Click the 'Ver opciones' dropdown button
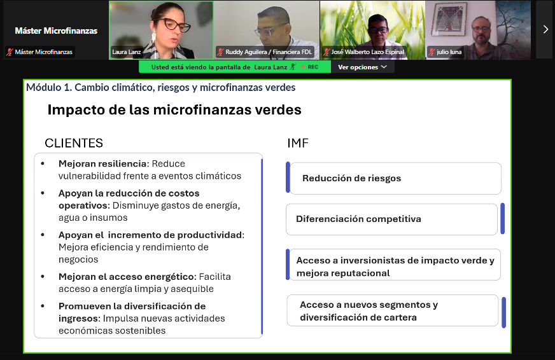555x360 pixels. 362,67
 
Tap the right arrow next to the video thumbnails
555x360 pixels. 545,30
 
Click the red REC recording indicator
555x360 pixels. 310,67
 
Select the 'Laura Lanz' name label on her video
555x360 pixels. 127,52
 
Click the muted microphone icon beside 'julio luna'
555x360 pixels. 432,52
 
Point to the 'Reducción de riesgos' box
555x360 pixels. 395,178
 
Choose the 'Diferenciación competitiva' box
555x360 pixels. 391,219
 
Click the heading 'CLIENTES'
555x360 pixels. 74,143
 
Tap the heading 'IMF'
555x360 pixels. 298,143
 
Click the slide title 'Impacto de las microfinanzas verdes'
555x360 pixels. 174,109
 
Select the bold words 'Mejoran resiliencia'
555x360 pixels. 102,163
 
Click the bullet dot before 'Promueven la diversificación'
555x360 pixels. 43,306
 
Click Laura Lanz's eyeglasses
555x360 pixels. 174,24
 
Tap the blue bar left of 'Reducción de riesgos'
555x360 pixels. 288,177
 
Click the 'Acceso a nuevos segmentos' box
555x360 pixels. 393,310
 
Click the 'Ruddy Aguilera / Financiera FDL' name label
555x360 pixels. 269,52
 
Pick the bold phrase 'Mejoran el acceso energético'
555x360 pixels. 127,277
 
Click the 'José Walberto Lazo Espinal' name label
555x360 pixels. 367,52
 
